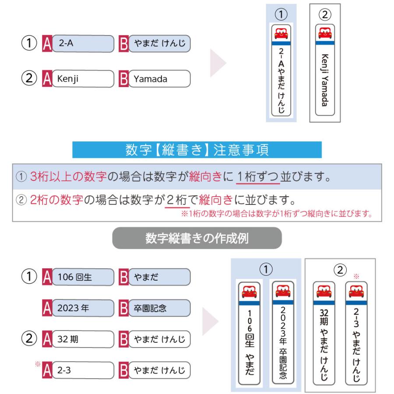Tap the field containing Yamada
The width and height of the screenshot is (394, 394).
point(160,80)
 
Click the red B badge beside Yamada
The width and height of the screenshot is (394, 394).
point(124,80)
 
